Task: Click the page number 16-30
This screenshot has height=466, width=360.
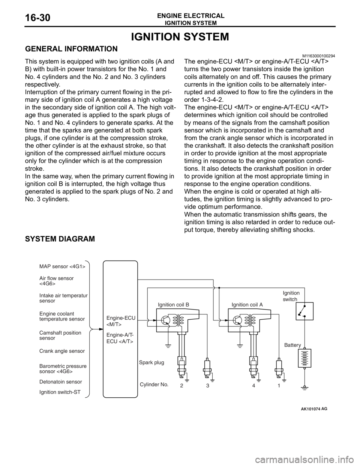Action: pos(38,18)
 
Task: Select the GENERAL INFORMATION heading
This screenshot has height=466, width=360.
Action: pos(71,49)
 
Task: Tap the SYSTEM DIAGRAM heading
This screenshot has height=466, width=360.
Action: pos(60,239)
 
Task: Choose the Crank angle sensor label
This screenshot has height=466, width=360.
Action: pos(62,351)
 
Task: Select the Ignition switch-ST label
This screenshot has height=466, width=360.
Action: pos(60,392)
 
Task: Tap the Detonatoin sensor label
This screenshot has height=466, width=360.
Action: pos(61,382)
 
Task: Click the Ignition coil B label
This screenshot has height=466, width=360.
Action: pos(174,305)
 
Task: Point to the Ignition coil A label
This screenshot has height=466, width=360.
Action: pos(247,305)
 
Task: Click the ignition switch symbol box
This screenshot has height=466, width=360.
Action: pos(304,311)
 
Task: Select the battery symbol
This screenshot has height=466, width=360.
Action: pos(304,359)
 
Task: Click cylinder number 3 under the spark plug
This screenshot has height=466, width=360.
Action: pos(207,386)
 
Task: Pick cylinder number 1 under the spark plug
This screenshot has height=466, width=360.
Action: pos(279,385)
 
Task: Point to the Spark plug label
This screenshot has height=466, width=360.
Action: pos(151,362)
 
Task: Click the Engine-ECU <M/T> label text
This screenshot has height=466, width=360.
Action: pos(121,321)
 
